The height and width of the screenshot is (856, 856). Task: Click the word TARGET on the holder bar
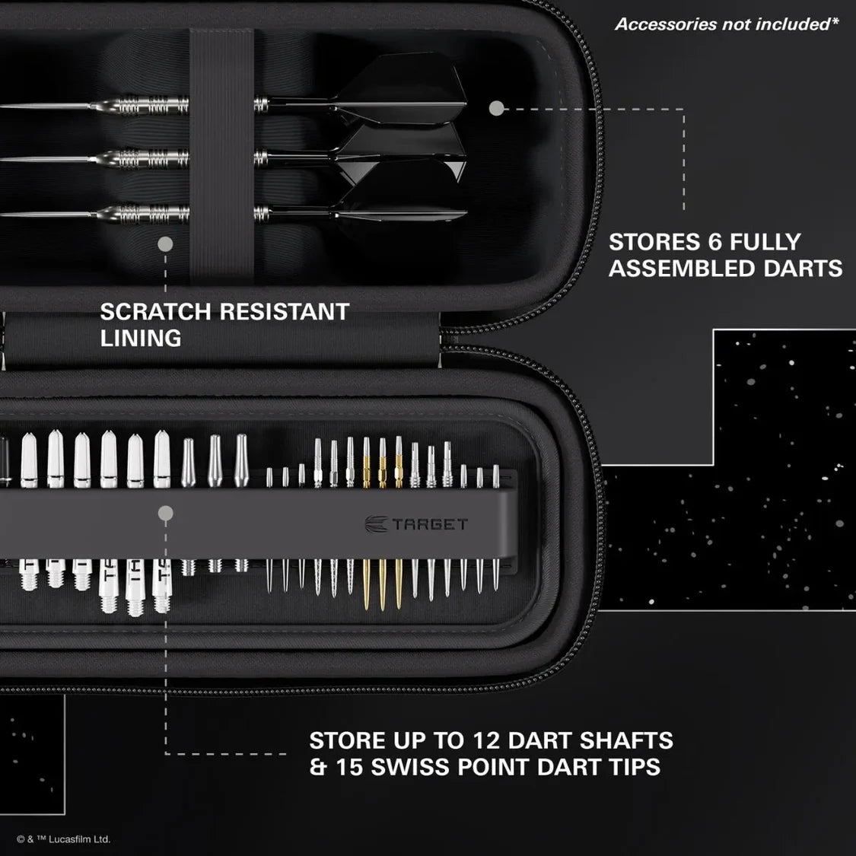coord(430,524)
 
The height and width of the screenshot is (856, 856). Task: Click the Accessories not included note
coord(726,24)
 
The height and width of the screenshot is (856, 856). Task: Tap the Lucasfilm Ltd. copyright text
coord(64,839)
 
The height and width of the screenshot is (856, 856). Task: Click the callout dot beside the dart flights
coord(496,109)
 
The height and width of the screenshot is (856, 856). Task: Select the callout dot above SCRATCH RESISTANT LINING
coord(165,244)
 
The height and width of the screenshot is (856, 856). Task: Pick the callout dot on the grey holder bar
coord(165,514)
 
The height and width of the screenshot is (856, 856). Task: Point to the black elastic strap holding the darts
coord(221,152)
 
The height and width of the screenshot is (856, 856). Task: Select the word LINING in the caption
coord(141,338)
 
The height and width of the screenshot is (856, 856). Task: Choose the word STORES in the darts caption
coord(649,242)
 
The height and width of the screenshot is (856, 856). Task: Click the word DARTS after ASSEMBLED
coord(804,269)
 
